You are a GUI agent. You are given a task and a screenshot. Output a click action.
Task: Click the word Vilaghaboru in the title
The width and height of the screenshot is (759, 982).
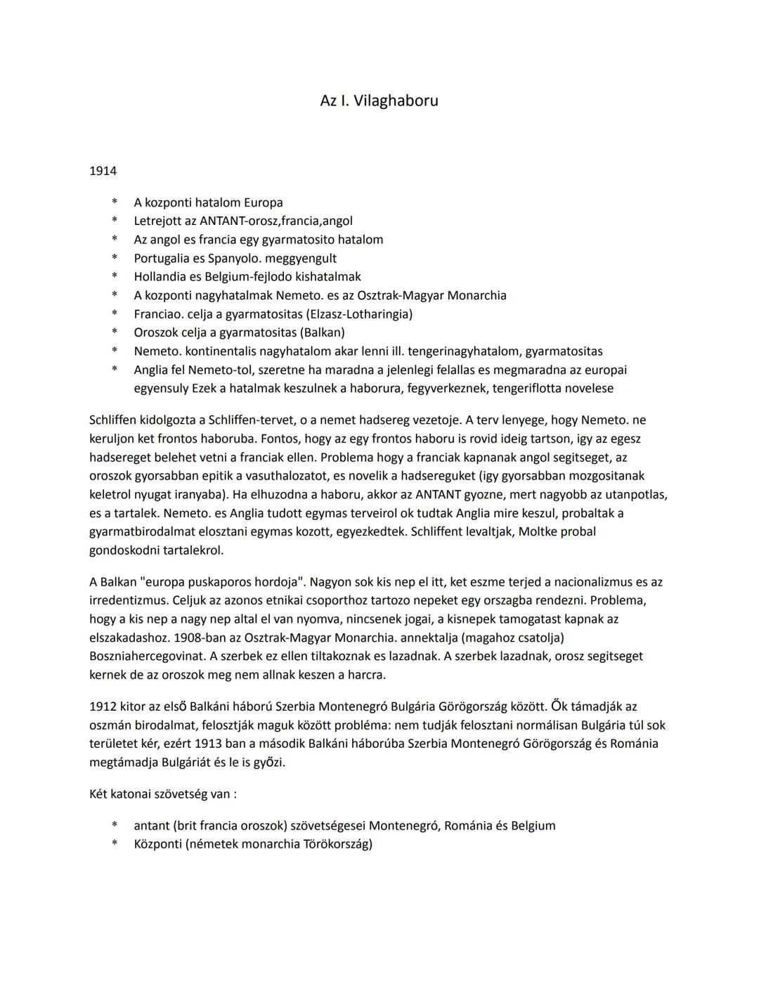coord(396,101)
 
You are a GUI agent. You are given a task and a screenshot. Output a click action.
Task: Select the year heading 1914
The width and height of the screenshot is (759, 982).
coord(103,171)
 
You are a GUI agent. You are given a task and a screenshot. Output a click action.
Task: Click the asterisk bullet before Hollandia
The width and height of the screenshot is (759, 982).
coord(114,277)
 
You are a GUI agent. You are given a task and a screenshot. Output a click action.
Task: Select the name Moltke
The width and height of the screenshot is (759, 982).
coord(538,531)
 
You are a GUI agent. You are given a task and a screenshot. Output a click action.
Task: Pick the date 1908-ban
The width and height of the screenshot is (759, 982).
coord(210,638)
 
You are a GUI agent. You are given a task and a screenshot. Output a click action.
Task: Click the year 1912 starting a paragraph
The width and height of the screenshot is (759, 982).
coord(103,706)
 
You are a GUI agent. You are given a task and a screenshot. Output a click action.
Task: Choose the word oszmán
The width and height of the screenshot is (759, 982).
coord(111,725)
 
